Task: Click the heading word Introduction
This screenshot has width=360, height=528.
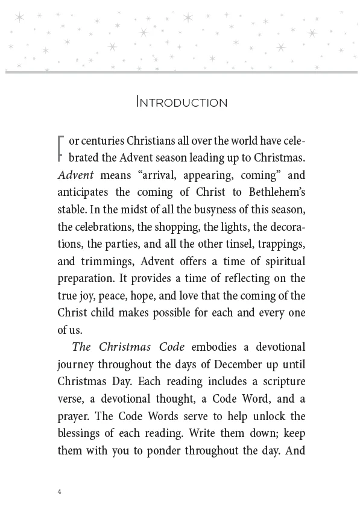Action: (182, 102)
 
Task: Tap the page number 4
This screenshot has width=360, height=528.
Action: (60, 491)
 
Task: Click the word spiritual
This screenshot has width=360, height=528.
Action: (281, 262)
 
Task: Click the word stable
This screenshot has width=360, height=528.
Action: (72, 210)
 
